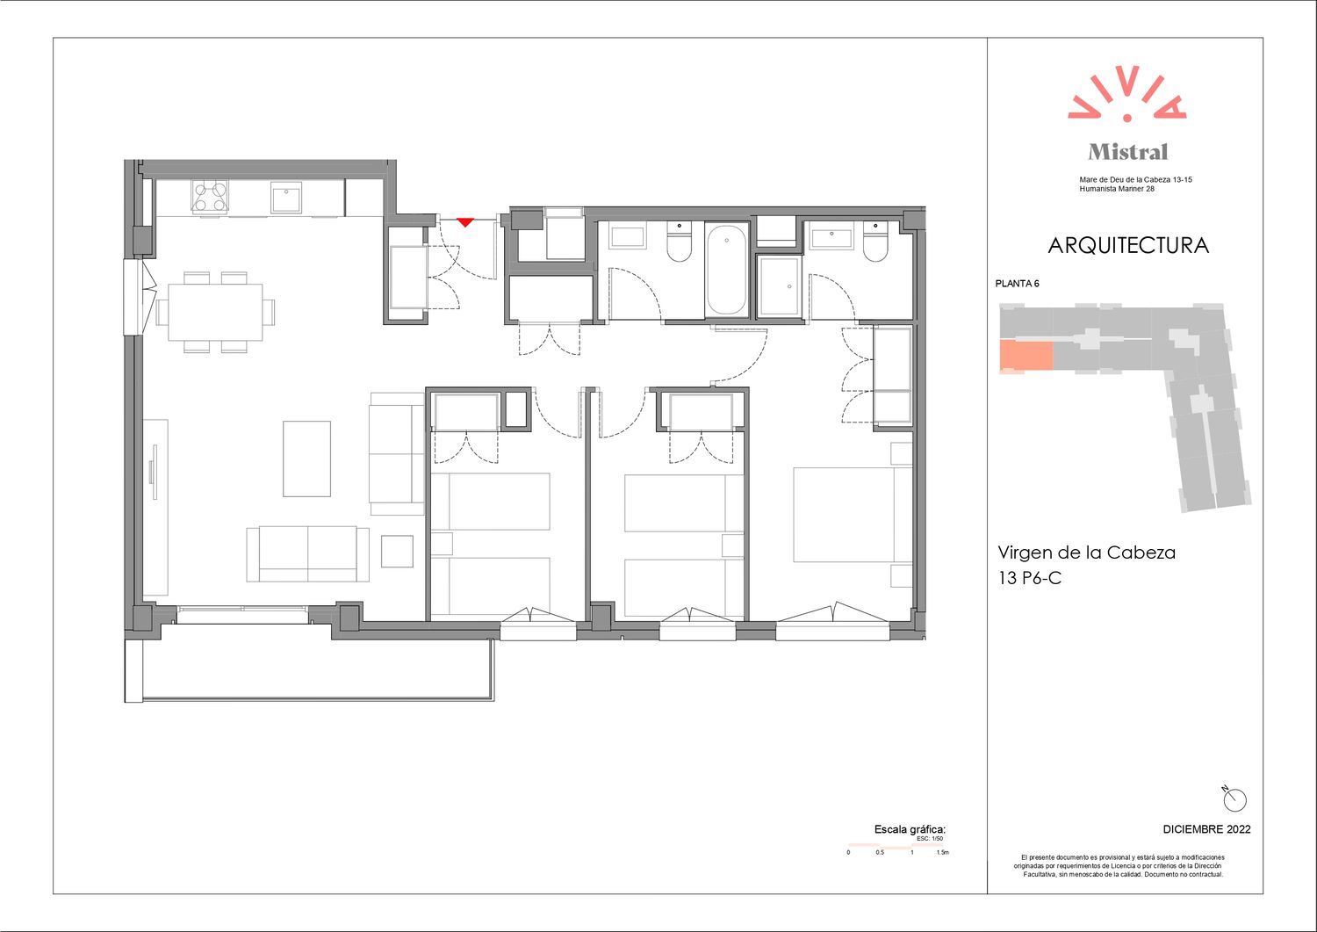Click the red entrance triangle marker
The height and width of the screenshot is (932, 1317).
click(x=465, y=222)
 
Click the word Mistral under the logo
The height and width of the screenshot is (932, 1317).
click(x=1127, y=152)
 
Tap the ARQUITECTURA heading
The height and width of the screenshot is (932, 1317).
click(x=1127, y=245)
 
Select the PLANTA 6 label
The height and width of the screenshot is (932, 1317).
click(x=1017, y=284)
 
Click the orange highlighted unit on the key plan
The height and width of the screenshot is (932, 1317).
click(x=1026, y=356)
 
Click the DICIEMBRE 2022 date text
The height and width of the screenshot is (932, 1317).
click(x=1206, y=829)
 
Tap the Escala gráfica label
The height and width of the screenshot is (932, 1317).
click(x=910, y=829)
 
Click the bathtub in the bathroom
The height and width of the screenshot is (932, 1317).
click(x=727, y=270)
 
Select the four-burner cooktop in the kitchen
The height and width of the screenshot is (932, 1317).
click(x=210, y=196)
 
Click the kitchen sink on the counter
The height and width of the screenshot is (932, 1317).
click(x=286, y=198)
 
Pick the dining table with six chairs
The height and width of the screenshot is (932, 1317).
click(x=215, y=312)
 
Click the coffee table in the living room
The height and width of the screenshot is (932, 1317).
click(x=306, y=459)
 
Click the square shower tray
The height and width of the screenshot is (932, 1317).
click(x=779, y=287)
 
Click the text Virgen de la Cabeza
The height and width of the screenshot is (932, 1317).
click(x=1087, y=553)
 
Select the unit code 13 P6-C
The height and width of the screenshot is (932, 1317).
click(x=1030, y=578)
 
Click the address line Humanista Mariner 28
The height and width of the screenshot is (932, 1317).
click(x=1117, y=189)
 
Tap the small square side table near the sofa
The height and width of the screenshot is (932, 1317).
click(x=397, y=552)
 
